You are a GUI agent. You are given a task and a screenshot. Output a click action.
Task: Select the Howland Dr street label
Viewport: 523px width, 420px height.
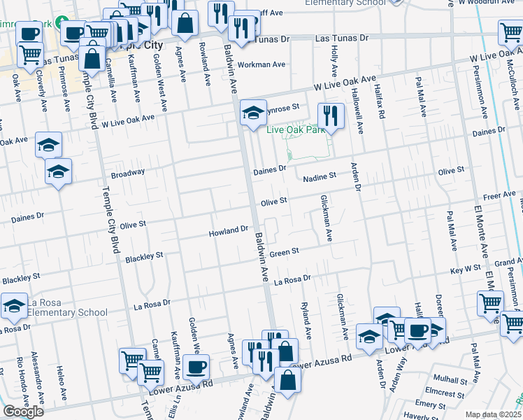click(229, 230)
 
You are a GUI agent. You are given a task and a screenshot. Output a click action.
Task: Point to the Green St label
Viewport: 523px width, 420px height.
click(285, 251)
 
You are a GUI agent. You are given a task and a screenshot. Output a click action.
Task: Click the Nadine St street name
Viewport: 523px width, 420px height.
click(320, 178)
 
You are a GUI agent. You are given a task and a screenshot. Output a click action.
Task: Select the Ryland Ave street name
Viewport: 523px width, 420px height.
click(305, 317)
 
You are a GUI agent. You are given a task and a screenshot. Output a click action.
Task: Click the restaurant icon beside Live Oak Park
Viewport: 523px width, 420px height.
click(331, 115)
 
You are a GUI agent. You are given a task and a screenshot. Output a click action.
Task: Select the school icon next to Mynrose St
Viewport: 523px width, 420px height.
click(253, 111)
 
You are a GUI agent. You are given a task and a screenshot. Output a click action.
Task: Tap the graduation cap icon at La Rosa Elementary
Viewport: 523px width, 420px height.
click(14, 305)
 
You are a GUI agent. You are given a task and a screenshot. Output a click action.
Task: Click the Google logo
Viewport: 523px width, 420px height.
click(23, 412)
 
